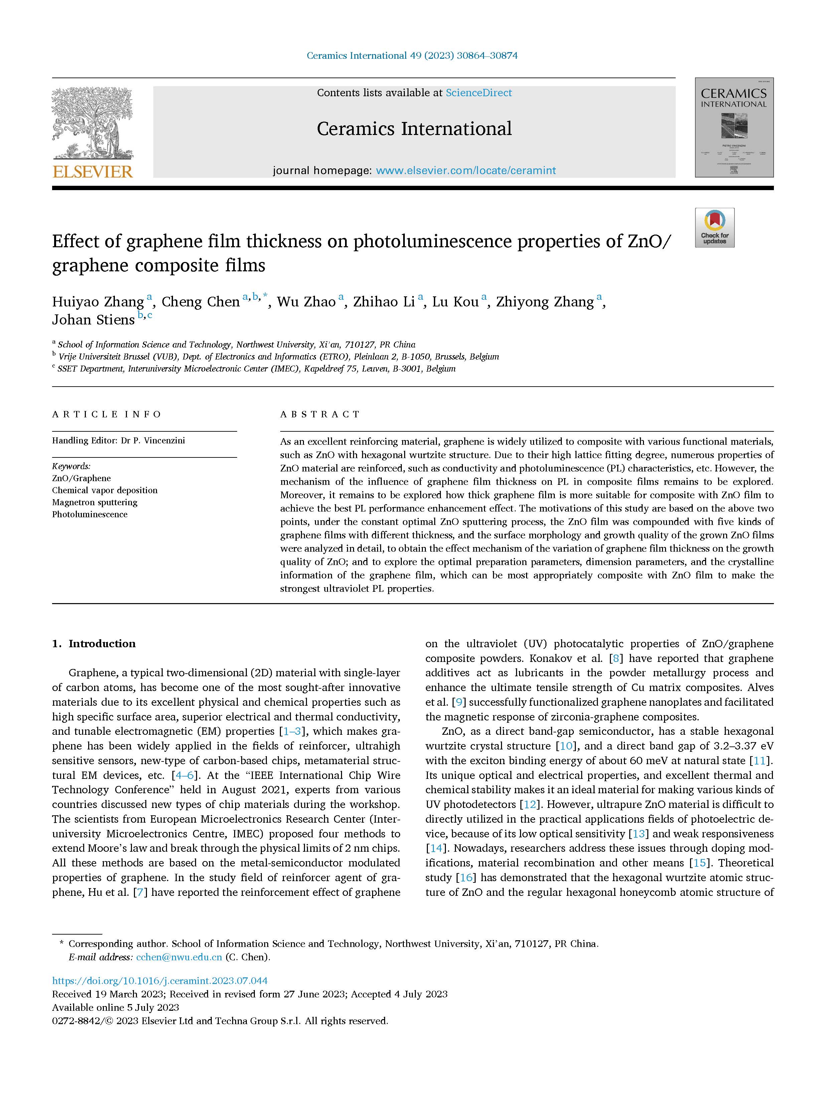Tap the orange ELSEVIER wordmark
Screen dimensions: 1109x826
coord(93,172)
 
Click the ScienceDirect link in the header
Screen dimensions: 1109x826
coord(479,93)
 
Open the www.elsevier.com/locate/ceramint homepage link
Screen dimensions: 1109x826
coord(466,171)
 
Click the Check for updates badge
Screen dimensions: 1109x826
coord(714,228)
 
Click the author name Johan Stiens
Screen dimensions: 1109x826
coord(94,320)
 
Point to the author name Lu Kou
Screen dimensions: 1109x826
coord(455,302)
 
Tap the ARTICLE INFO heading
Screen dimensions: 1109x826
coord(107,414)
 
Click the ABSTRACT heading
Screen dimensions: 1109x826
coord(320,414)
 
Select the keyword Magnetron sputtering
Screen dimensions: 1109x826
coord(95,502)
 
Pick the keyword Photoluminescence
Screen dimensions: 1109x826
coord(90,514)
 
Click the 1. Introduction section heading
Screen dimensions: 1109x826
coord(94,644)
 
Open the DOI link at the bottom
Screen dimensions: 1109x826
coord(160,980)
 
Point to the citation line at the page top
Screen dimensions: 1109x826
coord(412,55)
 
